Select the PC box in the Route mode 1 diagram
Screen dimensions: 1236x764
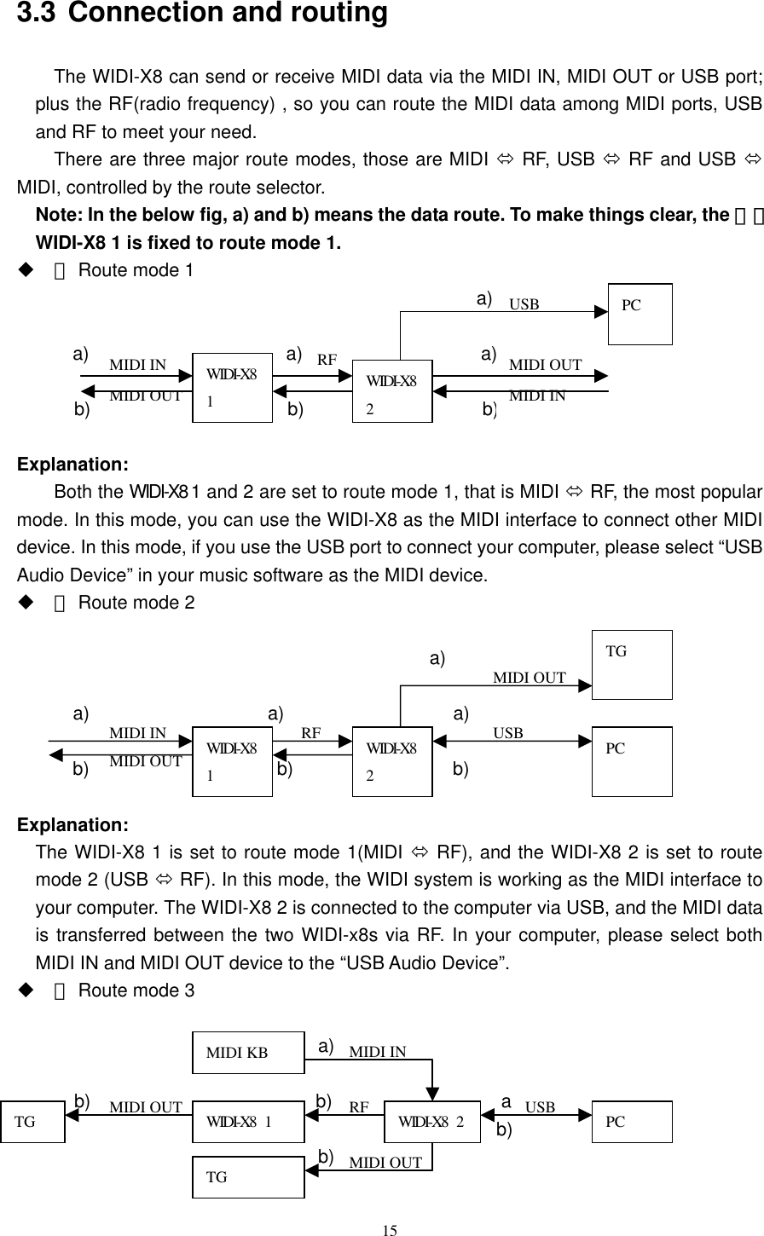[640, 314]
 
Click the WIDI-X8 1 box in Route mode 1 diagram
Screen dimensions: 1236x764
[232, 387]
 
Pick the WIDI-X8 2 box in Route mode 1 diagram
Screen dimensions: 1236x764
[392, 391]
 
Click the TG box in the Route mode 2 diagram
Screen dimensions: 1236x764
[632, 664]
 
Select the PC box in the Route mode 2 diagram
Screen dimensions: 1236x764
[632, 761]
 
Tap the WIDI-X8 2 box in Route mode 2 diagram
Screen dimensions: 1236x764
[392, 761]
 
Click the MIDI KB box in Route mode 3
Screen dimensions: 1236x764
[248, 1052]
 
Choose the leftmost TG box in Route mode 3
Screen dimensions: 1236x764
[32, 1122]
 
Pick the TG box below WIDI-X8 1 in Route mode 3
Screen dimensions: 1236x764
[248, 1177]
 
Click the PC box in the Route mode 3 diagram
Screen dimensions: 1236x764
[632, 1122]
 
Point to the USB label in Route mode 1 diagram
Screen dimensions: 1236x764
[524, 304]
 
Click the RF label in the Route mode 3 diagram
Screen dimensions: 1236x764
[359, 1108]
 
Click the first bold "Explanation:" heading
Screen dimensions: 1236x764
[73, 465]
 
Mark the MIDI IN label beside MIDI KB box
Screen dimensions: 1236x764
[378, 1052]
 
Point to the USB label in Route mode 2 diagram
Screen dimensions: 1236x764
[508, 732]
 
